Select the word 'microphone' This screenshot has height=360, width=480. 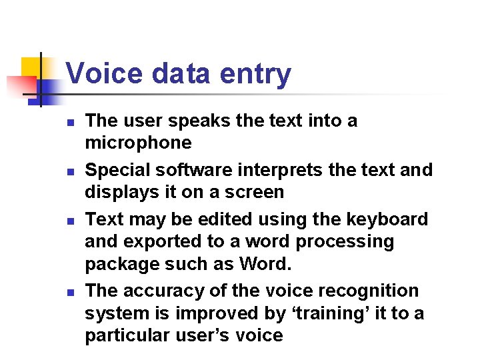[x=138, y=143]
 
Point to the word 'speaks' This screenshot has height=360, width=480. [x=194, y=121]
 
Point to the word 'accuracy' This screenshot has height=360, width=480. [x=171, y=291]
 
